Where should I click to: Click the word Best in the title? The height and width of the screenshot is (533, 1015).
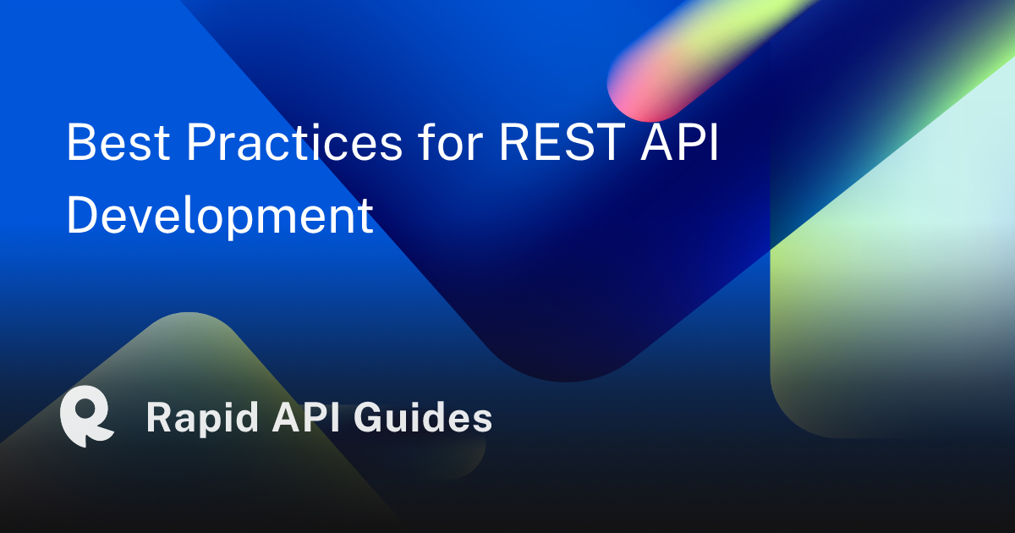(118, 141)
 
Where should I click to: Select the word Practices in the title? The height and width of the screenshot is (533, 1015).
(294, 141)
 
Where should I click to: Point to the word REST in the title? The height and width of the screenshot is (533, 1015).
(562, 141)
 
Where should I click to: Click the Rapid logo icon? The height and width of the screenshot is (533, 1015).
(87, 416)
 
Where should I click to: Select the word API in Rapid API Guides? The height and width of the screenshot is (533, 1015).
(306, 417)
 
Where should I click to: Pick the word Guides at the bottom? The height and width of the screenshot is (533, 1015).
(423, 417)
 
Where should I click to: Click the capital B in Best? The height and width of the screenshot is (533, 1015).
(80, 141)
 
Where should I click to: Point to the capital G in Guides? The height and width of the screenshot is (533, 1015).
(368, 417)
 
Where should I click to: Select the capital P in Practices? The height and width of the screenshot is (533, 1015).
(201, 141)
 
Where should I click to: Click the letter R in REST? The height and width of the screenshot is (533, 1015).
(514, 141)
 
